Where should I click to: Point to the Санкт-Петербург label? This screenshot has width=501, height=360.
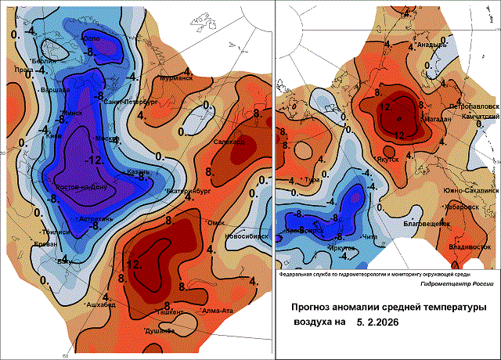tap(131, 103)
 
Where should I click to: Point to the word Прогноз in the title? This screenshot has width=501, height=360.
tap(312, 307)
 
